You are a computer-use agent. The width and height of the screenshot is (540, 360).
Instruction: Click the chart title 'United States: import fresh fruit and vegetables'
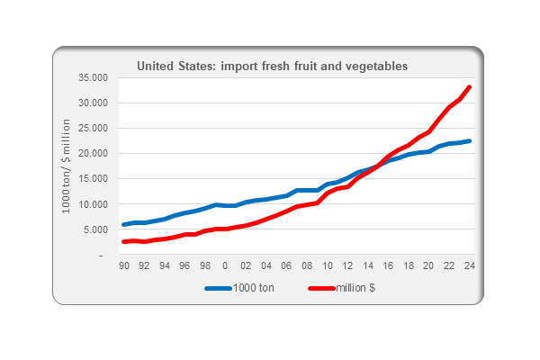[x=272, y=66]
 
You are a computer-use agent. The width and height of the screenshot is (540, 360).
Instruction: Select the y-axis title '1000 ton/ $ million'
[x=67, y=166]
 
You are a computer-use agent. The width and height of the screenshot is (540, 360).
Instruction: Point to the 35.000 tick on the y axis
[x=93, y=77]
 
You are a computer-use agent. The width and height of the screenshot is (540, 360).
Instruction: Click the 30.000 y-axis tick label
[x=93, y=103]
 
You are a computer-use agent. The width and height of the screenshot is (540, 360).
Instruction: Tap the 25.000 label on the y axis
[x=93, y=128]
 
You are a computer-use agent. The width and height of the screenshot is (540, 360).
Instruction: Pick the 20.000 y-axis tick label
[x=93, y=153]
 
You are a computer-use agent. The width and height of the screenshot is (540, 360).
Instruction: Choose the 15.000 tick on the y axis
[x=93, y=178]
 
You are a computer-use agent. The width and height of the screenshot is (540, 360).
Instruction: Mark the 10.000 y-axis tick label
[x=93, y=204]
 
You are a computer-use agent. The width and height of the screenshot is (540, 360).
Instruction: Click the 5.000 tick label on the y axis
[x=95, y=229]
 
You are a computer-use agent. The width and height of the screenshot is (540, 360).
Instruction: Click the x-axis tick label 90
[x=123, y=266]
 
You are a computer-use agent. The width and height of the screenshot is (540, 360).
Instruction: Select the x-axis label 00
[x=225, y=266]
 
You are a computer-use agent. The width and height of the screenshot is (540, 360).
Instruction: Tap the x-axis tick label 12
[x=347, y=266]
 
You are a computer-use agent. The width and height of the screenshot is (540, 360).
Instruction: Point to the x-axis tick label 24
[x=470, y=266]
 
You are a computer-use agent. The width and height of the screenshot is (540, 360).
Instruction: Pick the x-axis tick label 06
[x=286, y=266]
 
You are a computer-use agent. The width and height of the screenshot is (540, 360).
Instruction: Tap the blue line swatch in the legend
[x=220, y=289]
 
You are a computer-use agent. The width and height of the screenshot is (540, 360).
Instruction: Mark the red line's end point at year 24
[x=470, y=87]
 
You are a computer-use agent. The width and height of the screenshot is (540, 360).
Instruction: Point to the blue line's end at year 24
[x=470, y=140]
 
